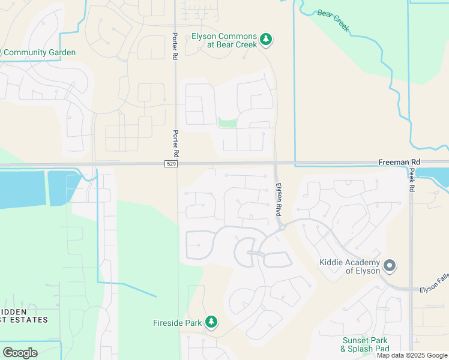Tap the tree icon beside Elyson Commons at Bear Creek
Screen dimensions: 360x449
[266, 40]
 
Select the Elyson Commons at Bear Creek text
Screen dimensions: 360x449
[224, 41]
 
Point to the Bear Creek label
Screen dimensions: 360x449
[333, 21]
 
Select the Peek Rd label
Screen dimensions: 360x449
[412, 179]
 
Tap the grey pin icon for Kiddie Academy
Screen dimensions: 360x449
[389, 265]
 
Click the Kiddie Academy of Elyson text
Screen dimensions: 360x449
[349, 266]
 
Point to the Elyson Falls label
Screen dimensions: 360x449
[433, 289]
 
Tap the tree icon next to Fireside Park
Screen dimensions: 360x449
[211, 323]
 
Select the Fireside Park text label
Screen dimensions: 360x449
[177, 323]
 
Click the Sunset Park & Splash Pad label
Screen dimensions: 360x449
[365, 344]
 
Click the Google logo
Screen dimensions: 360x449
[20, 353]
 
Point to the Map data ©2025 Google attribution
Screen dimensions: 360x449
[412, 355]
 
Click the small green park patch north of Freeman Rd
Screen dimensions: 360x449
[227, 122]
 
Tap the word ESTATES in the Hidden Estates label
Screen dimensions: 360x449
[29, 320]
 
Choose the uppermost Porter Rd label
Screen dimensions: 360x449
[175, 46]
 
